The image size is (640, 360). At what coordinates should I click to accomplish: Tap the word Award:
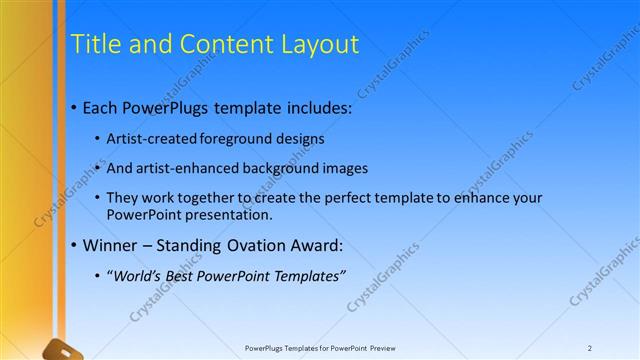point(314,245)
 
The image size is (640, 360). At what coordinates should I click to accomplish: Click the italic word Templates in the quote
point(307,276)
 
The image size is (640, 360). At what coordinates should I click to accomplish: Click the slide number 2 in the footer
point(590,348)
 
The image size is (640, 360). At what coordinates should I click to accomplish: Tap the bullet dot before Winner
point(74,246)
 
